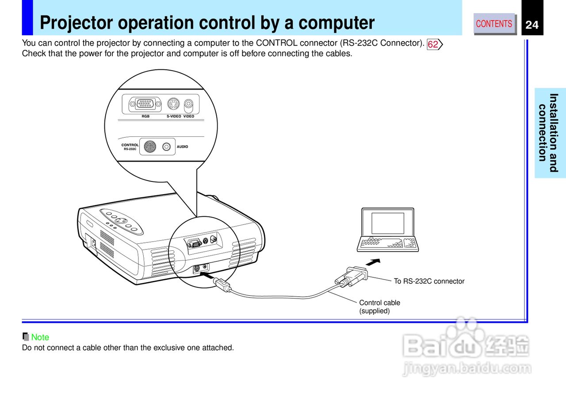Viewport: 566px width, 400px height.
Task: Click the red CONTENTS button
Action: [494, 24]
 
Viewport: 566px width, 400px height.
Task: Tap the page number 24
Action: [532, 25]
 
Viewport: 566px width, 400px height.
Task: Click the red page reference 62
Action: [433, 44]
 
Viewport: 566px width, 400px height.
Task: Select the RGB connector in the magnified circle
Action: [142, 104]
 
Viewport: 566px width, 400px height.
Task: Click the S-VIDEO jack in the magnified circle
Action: [173, 105]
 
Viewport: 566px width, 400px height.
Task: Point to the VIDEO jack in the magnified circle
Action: [189, 105]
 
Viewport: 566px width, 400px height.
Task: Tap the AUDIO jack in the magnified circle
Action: [167, 147]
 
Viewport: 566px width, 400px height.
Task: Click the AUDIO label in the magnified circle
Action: [182, 147]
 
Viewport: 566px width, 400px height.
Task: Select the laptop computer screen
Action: [387, 223]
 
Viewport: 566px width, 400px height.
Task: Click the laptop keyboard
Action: [387, 243]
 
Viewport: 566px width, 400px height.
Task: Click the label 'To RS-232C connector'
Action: [429, 281]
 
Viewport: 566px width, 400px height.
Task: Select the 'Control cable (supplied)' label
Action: [379, 307]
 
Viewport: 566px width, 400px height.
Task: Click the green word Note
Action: [40, 337]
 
